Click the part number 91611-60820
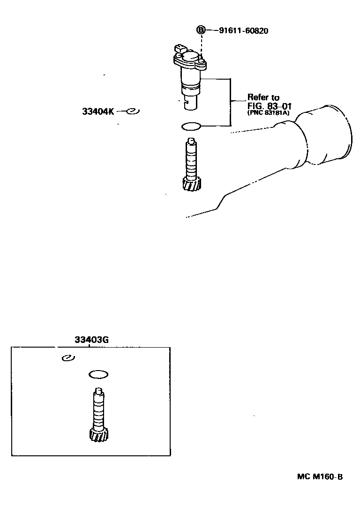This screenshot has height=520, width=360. pos(244,31)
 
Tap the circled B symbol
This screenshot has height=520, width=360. pos(201,30)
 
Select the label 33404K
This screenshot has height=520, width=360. pos(98,111)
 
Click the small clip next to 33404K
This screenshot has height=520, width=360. pos(133,111)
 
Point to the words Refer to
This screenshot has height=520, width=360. pos(263,97)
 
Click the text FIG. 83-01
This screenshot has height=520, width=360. pos(269,106)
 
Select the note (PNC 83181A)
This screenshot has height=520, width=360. pos(268,112)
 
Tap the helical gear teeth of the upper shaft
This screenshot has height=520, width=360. pos(192,184)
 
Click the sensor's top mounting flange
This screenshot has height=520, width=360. pos(189,62)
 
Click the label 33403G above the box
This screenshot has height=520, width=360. pos(91,340)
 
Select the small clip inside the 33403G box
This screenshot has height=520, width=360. pos(68,358)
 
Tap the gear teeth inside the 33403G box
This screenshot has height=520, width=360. pos(99,434)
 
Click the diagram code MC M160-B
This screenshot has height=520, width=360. pos(320,477)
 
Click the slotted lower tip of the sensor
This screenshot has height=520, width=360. pos(191,103)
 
